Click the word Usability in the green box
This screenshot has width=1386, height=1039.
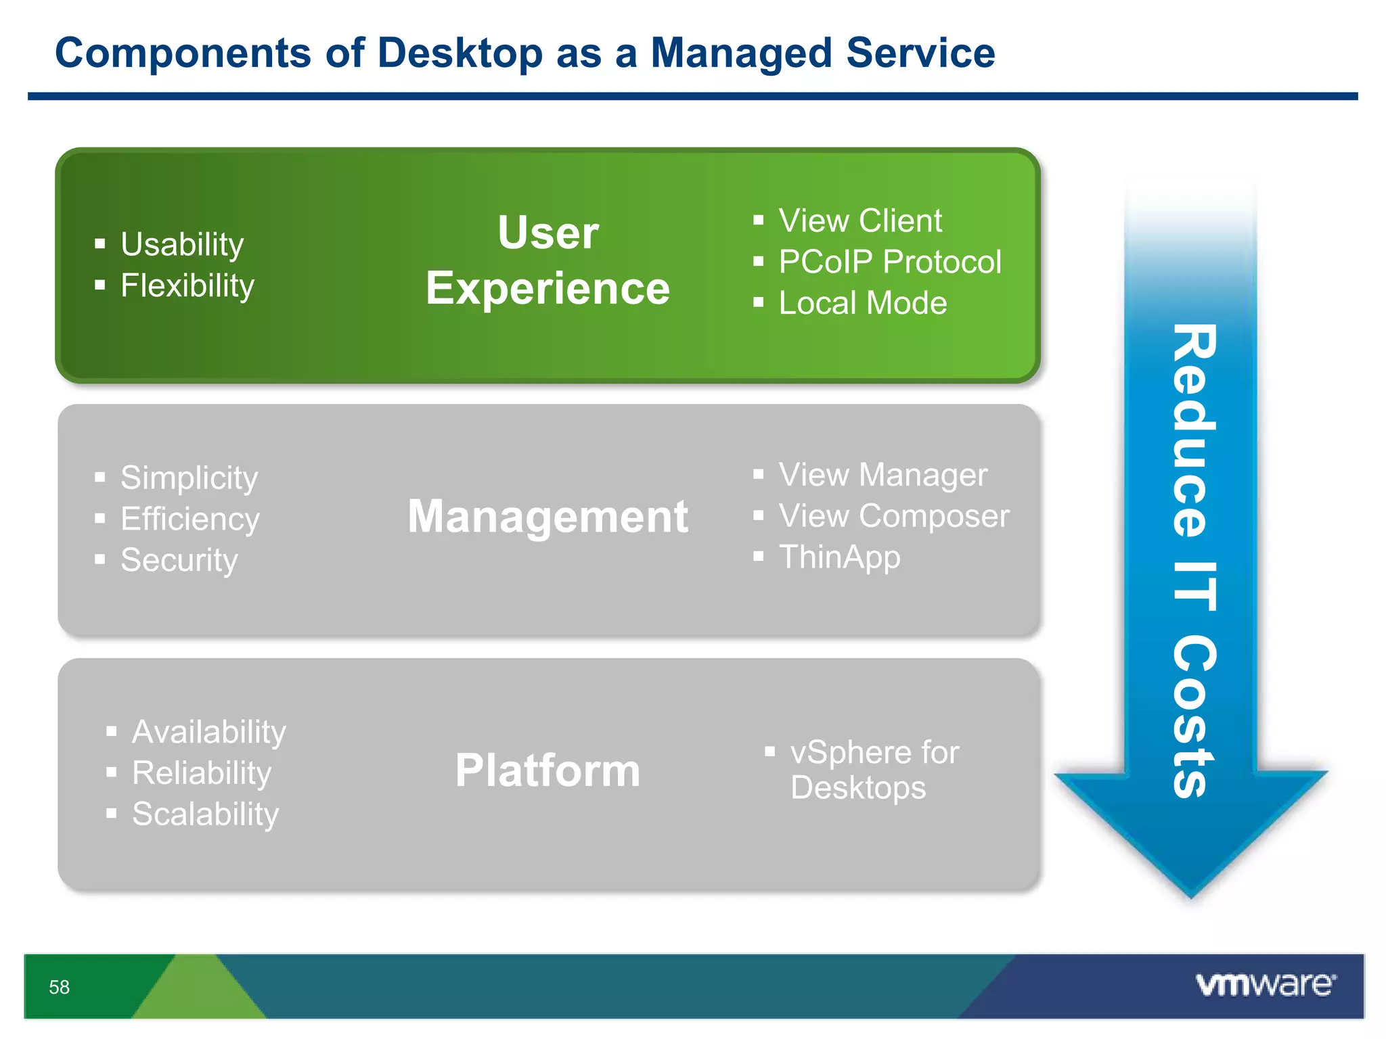pos(181,244)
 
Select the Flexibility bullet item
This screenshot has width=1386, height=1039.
pos(187,285)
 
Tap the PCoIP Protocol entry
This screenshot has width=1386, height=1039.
pos(889,262)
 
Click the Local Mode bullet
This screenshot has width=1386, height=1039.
pos(862,303)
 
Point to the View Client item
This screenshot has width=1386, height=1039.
pos(859,221)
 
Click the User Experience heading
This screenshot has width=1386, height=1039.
pos(547,260)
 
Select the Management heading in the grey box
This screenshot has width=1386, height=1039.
pos(547,517)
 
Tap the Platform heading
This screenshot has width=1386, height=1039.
pos(547,770)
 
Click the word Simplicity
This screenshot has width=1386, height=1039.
pos(189,478)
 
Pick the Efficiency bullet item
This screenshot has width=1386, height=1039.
pos(189,519)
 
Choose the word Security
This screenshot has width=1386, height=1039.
pos(179,560)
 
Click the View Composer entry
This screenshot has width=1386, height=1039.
pos(893,516)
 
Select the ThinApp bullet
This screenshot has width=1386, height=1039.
pos(839,557)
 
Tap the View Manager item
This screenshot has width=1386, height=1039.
pos(882,475)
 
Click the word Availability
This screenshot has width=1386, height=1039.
pos(208,732)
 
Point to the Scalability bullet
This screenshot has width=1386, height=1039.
pos(204,814)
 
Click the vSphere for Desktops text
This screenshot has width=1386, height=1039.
pos(873,770)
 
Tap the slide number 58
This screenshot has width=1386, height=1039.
pos(59,987)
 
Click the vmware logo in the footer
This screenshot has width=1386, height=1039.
pos(1266,984)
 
